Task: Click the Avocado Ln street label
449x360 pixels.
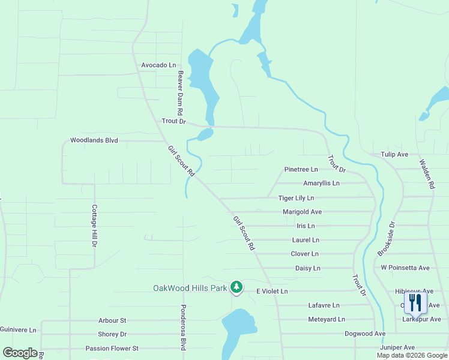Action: pyautogui.click(x=159, y=65)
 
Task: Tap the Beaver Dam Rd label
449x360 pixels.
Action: pyautogui.click(x=179, y=93)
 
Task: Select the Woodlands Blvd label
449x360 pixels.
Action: pyautogui.click(x=94, y=140)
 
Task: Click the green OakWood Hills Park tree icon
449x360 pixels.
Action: pyautogui.click(x=237, y=288)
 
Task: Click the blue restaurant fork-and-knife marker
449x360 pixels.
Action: pyautogui.click(x=415, y=302)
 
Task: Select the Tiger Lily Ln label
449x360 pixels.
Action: pyautogui.click(x=296, y=197)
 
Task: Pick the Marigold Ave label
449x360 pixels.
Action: pyautogui.click(x=302, y=212)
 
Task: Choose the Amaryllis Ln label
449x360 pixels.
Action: pyautogui.click(x=321, y=183)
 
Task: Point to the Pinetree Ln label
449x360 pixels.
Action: pyautogui.click(x=301, y=170)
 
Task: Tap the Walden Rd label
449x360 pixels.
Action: pyautogui.click(x=427, y=175)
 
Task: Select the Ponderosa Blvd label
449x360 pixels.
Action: pyautogui.click(x=182, y=327)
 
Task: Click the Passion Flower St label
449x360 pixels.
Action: pyautogui.click(x=112, y=348)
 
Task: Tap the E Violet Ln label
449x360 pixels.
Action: pyautogui.click(x=272, y=291)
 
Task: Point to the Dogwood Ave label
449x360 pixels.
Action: pyautogui.click(x=364, y=334)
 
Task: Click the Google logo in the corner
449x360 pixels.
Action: pyautogui.click(x=20, y=353)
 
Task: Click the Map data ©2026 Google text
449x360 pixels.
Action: pyautogui.click(x=412, y=355)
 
